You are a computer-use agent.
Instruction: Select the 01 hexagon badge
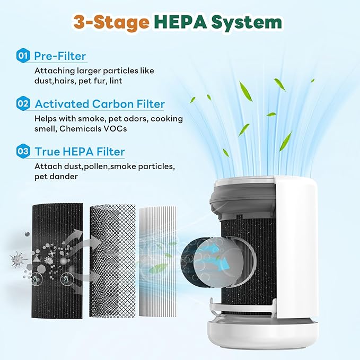click(23, 56)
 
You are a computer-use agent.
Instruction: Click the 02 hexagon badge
click(23, 104)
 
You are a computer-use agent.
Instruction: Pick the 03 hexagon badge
click(23, 152)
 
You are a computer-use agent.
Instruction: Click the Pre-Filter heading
click(60, 56)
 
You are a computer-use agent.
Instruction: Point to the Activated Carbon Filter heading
click(100, 104)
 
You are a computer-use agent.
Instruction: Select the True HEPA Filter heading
click(80, 152)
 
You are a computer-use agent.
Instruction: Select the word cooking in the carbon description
click(167, 118)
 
